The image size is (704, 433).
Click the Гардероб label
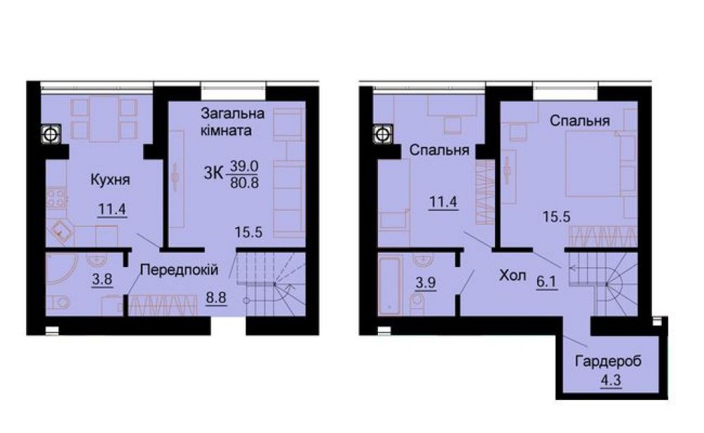608,363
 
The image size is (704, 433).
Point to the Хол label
513,276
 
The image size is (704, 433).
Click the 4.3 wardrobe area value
607,382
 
